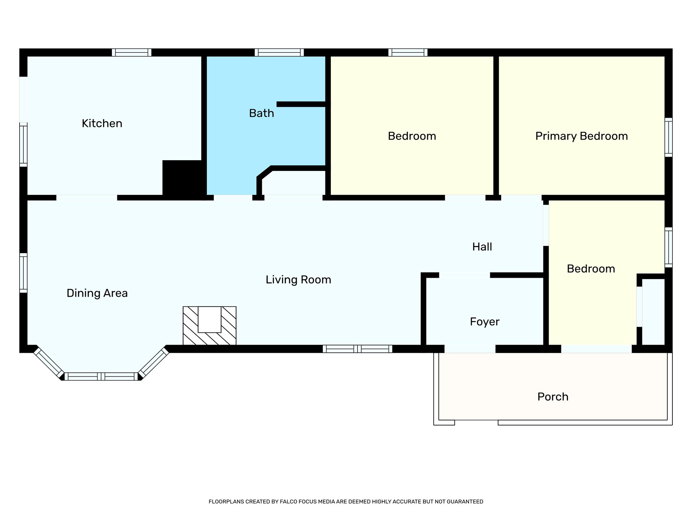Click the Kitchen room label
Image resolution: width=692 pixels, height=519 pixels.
(102, 123)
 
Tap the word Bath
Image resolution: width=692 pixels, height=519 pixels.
(261, 113)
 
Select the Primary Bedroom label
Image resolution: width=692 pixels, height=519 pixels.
(581, 136)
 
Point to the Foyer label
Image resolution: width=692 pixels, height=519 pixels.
(484, 322)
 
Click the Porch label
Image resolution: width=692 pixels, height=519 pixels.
(552, 397)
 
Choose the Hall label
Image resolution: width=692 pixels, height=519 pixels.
(482, 247)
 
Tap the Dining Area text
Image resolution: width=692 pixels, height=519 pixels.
(97, 293)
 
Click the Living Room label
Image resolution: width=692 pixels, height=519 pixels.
(298, 280)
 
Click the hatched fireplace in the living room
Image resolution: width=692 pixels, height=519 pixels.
(209, 326)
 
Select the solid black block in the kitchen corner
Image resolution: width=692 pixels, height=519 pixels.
(182, 177)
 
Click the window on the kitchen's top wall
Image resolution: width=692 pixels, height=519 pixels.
(131, 52)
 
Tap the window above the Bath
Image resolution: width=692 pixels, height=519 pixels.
(279, 52)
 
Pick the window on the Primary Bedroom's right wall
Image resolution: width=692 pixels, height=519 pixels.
(668, 137)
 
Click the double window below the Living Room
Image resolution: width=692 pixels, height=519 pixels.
(357, 349)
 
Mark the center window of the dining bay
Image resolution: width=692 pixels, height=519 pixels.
(101, 376)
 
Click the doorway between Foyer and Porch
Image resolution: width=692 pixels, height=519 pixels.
(470, 349)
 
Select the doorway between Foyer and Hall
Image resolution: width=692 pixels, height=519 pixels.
(464, 275)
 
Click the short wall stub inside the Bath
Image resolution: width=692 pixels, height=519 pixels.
(301, 104)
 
